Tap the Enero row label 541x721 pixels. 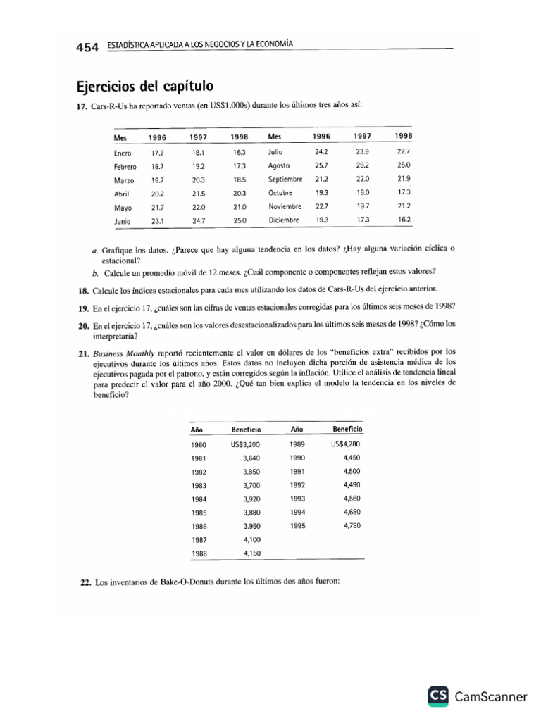123,152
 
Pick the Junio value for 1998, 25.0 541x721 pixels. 240,220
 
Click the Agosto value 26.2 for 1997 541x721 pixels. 363,165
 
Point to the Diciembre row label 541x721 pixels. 284,220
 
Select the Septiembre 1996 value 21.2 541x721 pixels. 322,180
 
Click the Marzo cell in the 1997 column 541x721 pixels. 197,180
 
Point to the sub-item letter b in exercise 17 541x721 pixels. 94,272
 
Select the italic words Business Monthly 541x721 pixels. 118,351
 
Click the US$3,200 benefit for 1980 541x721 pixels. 246,445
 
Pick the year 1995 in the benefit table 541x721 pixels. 297,525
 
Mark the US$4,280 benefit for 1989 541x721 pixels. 345,445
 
